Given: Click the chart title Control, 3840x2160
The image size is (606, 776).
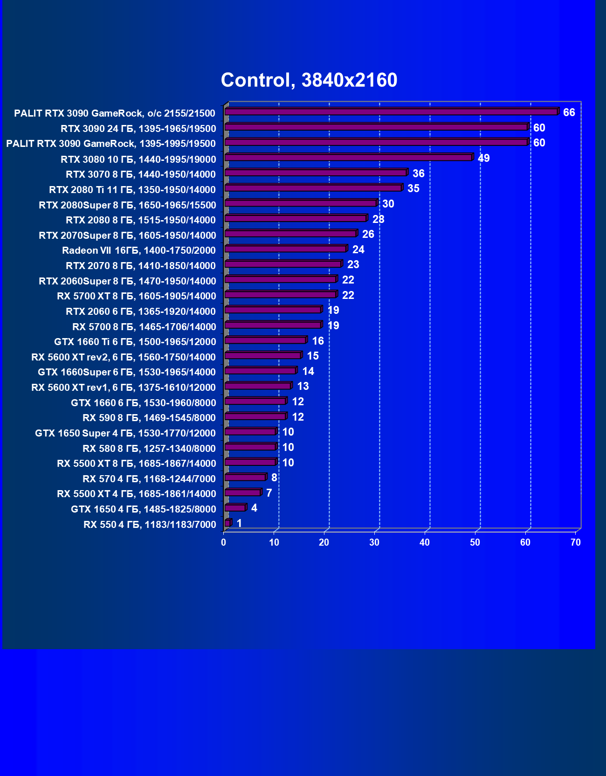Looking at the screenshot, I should (x=309, y=80).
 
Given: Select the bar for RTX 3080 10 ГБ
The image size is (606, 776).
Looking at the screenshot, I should (x=348, y=158).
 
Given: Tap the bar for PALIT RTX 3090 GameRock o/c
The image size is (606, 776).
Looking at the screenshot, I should (x=391, y=112).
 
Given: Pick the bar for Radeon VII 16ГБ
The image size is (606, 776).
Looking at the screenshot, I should (x=285, y=249).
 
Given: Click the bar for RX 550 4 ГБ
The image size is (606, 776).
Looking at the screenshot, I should (x=227, y=523).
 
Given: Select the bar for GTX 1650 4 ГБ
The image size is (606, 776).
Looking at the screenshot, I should (x=235, y=508).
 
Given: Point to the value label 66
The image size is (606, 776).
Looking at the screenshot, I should (x=569, y=112).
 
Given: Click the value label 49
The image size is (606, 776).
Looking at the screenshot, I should (x=483, y=158).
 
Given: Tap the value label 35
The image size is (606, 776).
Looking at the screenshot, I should (x=413, y=188).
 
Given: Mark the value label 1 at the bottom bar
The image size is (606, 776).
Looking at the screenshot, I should (x=239, y=523).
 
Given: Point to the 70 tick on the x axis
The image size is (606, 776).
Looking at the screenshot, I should (x=576, y=542).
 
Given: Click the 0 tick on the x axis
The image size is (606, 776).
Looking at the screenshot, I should (x=224, y=542).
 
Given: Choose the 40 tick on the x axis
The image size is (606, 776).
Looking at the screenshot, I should (x=425, y=542).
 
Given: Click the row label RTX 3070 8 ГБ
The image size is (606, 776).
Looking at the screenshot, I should (x=141, y=174).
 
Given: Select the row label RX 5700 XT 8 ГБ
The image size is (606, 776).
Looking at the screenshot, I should (x=137, y=296).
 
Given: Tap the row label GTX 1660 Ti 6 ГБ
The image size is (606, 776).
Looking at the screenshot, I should (x=135, y=342).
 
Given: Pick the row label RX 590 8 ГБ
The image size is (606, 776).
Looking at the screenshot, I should (x=149, y=417).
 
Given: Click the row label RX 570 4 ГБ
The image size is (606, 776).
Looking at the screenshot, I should (x=149, y=478).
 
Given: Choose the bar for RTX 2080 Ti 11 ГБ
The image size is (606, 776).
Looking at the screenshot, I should (x=313, y=188).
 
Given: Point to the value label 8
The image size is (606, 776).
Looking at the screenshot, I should (x=274, y=478).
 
